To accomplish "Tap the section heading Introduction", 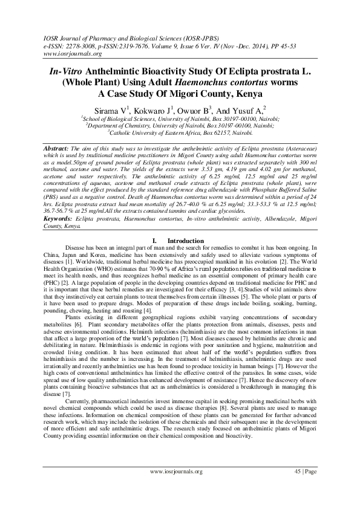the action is coord(186,241).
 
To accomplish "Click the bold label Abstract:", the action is coord(59,148).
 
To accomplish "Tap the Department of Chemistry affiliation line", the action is coord(180,126).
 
